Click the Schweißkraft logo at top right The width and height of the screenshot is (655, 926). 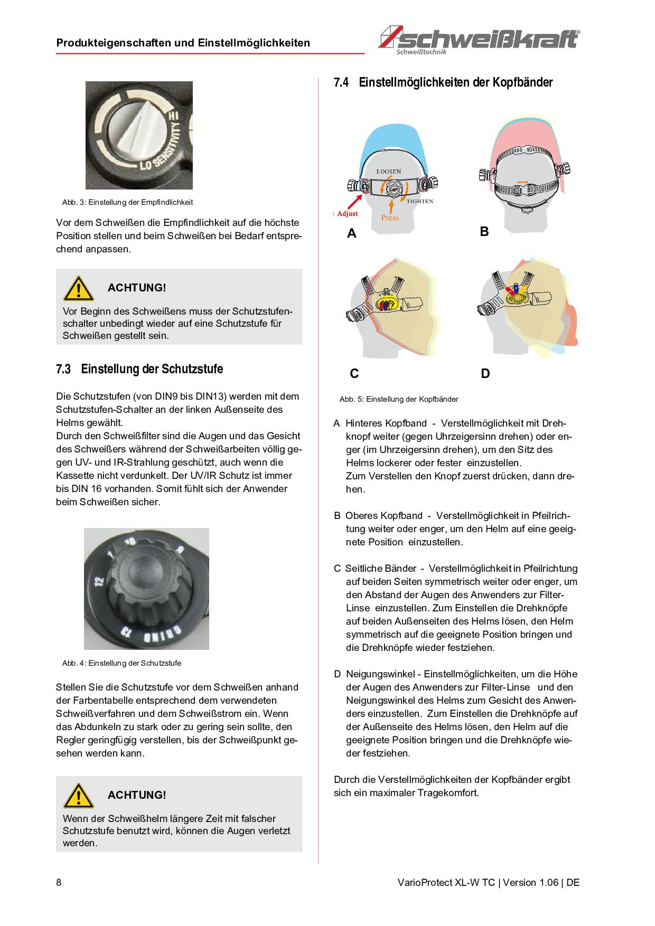[x=480, y=40]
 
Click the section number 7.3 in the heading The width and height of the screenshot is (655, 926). [x=63, y=369]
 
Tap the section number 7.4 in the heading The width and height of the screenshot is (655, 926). [x=341, y=83]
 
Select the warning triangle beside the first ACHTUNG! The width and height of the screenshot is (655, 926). [x=78, y=288]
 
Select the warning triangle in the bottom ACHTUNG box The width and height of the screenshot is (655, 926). [x=78, y=796]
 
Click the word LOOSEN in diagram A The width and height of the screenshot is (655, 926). [x=389, y=172]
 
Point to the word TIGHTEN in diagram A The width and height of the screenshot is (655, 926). [x=420, y=201]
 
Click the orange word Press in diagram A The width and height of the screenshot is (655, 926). [x=390, y=218]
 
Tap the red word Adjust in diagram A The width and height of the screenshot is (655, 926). [x=348, y=214]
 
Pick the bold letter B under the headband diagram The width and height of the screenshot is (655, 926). [x=484, y=232]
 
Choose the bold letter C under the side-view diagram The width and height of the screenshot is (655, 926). [x=354, y=374]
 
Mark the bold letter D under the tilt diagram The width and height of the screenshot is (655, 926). [x=485, y=374]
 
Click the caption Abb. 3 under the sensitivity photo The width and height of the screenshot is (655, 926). [x=127, y=202]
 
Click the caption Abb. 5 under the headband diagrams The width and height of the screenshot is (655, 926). [x=399, y=399]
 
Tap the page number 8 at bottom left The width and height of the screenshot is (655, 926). [x=59, y=883]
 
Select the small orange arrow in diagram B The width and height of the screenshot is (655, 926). [x=522, y=182]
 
